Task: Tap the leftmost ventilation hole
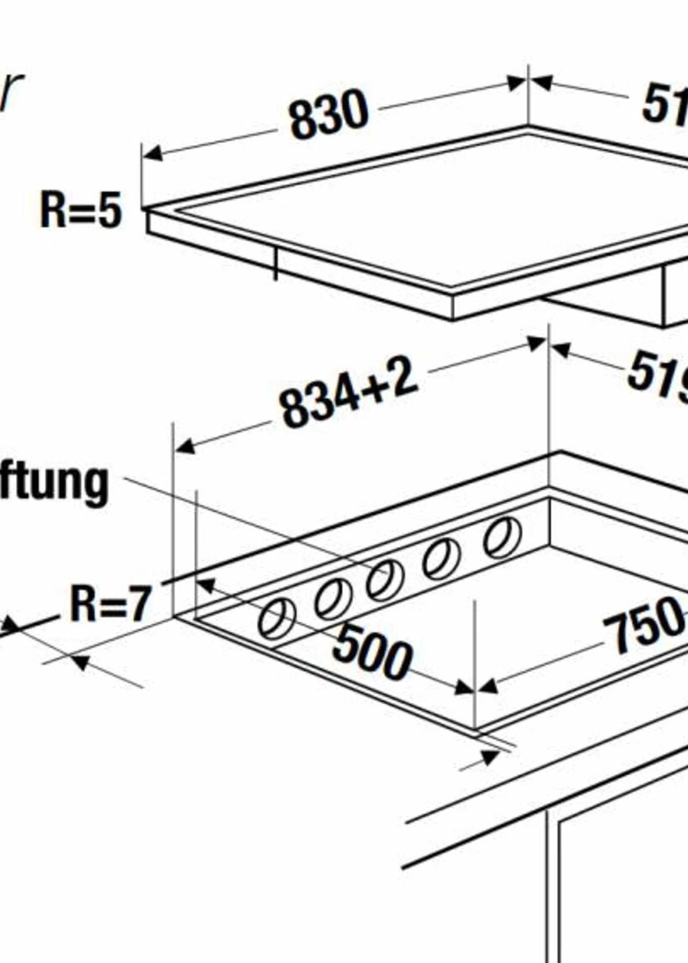(277, 619)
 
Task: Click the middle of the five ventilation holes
(385, 580)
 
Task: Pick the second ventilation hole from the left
(333, 599)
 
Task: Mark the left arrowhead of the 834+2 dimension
(185, 447)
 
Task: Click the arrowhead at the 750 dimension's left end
(488, 687)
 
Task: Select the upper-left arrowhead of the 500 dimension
(207, 586)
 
